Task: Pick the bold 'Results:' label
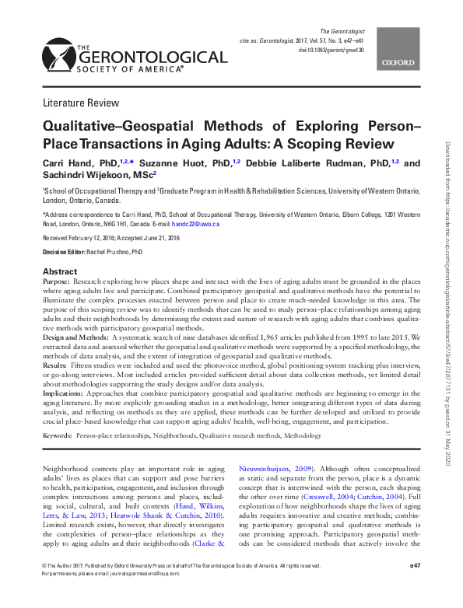(x=55, y=364)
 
